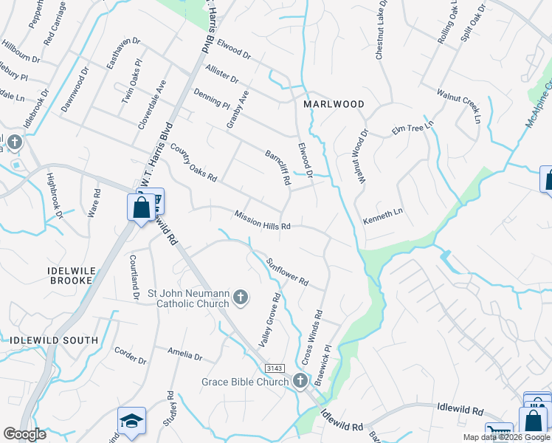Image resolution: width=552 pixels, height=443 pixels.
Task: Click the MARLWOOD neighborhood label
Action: point(334,104)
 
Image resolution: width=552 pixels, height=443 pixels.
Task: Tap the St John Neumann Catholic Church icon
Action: point(240,298)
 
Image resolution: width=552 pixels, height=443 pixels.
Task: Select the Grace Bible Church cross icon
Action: point(300,381)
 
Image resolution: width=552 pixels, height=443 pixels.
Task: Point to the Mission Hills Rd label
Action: point(263,221)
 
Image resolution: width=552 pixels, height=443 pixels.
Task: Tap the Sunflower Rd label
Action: point(287,272)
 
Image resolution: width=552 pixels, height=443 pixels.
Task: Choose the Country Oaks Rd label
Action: point(193,162)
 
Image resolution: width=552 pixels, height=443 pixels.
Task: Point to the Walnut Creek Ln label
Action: point(458,106)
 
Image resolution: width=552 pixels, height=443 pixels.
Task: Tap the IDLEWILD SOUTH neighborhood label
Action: point(54,340)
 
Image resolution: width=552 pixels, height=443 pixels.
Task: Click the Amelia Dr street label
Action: point(184,354)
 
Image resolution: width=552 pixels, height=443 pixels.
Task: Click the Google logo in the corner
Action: point(24,434)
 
